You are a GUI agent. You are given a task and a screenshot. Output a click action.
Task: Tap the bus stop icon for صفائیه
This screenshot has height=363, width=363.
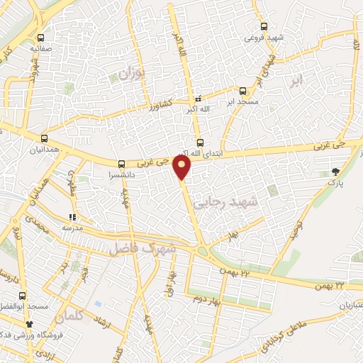[x=41, y=38]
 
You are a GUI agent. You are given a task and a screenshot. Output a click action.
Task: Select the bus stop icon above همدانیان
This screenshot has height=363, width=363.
[x=45, y=138]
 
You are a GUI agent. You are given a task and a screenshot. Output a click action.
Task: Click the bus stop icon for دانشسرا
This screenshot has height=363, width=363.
[x=122, y=164]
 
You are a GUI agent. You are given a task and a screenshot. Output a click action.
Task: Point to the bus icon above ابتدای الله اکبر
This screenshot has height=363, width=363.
[x=199, y=142]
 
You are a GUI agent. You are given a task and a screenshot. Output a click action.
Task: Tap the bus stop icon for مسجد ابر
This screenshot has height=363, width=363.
[x=243, y=91]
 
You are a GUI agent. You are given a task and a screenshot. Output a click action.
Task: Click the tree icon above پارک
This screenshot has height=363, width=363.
[x=335, y=172]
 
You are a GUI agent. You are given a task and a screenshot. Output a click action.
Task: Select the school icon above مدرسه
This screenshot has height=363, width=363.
[x=72, y=218]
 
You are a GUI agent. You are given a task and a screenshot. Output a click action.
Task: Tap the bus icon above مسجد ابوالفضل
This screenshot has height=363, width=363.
[x=23, y=295]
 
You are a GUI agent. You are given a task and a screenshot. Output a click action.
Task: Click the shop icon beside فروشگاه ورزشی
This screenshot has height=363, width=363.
[x=29, y=324]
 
